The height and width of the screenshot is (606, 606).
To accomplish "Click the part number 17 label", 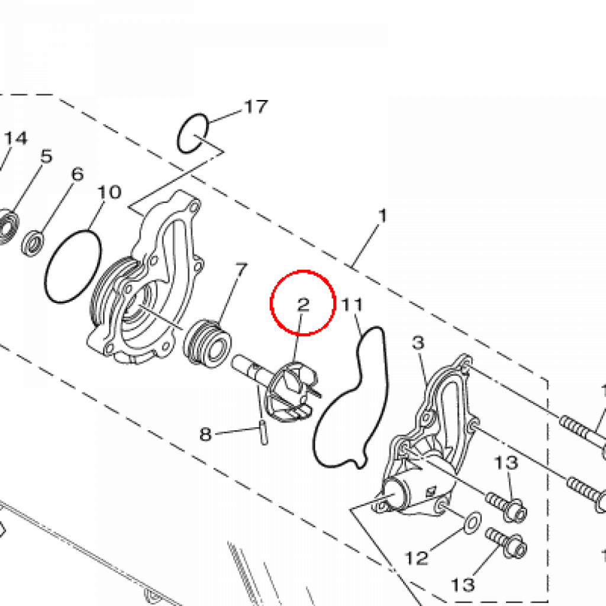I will tap(256, 107).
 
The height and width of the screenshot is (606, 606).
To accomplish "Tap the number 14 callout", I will tap(16, 138).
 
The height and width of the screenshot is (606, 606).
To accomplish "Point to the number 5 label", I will tap(46, 157).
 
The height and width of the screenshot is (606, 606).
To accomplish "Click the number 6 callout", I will tap(77, 175).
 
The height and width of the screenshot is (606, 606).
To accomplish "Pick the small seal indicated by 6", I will tap(33, 243).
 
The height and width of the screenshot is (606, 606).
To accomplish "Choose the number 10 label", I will tap(109, 192).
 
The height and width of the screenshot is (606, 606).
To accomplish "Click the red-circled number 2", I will tap(303, 305).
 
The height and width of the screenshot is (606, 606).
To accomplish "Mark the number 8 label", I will tap(205, 435).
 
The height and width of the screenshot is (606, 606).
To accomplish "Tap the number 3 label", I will tap(418, 343).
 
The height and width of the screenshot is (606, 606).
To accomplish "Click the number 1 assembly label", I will tap(382, 216).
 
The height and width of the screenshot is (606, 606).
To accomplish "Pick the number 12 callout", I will tap(416, 557).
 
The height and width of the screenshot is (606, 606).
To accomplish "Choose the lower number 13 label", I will tap(463, 585).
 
